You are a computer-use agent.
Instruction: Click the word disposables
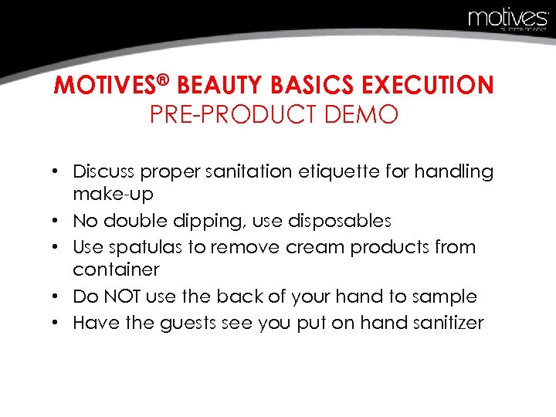(339, 221)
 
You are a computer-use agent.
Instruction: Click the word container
(116, 270)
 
